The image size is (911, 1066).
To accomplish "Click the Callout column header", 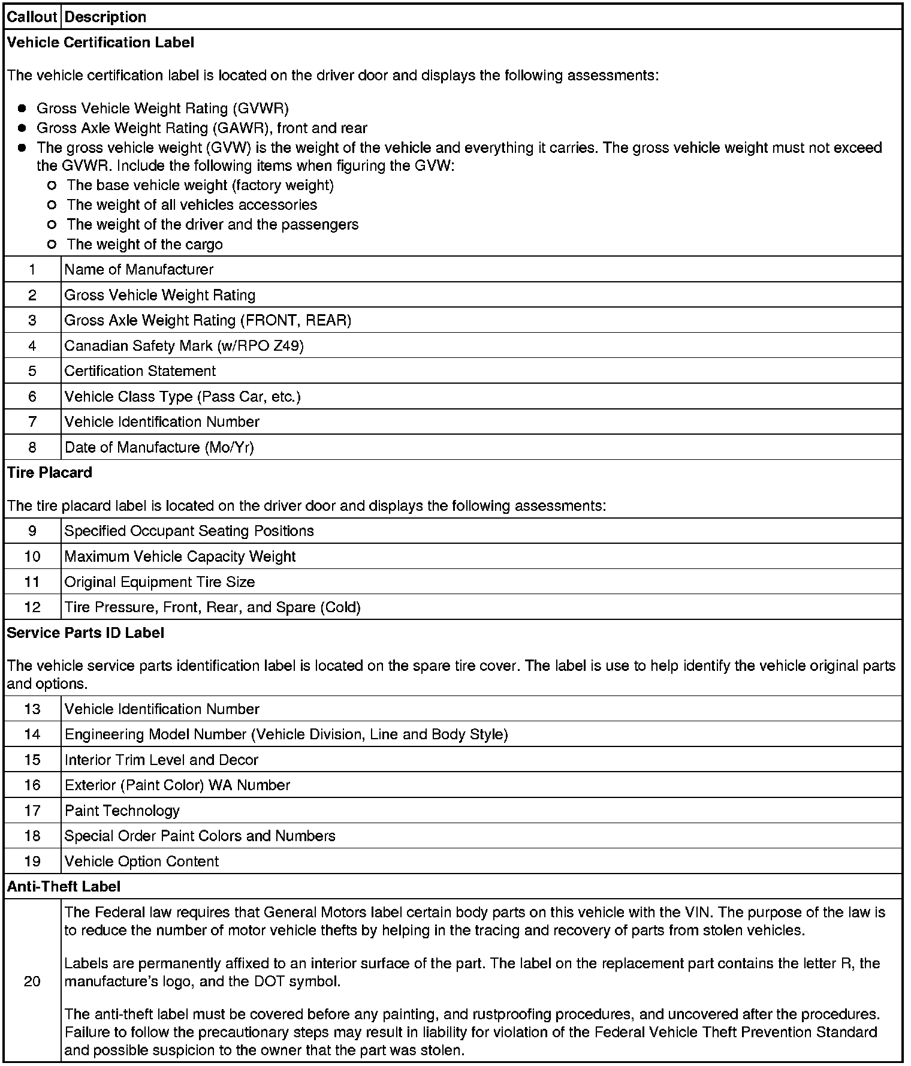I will click(32, 17).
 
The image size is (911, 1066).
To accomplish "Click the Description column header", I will click(105, 17).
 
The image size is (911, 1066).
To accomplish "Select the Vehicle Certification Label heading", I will click(100, 43).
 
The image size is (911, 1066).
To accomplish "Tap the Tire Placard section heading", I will click(49, 472).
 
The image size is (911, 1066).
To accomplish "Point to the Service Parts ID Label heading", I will click(85, 633).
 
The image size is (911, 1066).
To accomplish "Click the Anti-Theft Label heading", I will click(64, 886).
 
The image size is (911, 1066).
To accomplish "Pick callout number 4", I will click(32, 346).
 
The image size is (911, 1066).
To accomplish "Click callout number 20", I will click(32, 981).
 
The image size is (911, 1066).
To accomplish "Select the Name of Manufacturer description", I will click(138, 270).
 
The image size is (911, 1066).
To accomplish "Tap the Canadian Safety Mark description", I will click(184, 346).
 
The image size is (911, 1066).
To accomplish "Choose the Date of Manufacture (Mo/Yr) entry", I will click(159, 447).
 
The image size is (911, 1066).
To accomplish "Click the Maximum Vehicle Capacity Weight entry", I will click(180, 556).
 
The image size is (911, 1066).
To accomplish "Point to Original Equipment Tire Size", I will click(159, 582).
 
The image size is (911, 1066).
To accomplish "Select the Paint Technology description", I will click(122, 811).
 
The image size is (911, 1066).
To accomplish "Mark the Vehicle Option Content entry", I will click(141, 862).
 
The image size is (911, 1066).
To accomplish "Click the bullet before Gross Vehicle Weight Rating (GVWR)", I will click(22, 109).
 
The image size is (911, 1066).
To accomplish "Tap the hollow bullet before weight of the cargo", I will click(52, 244).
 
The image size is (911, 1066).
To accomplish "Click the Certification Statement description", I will click(140, 371).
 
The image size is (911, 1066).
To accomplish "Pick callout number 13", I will click(32, 709).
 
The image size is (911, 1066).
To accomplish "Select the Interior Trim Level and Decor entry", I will click(161, 760).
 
